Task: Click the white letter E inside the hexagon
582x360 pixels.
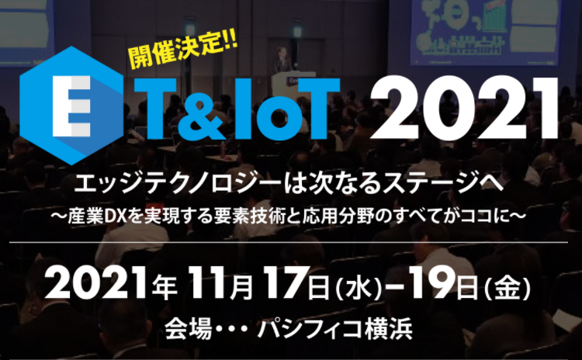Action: coord(71,106)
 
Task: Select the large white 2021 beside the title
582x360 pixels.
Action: coord(463,109)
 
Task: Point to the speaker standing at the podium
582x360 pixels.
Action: coord(282,60)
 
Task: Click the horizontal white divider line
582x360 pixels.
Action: coord(289,242)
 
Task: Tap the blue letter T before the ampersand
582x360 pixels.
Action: coord(151,109)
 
